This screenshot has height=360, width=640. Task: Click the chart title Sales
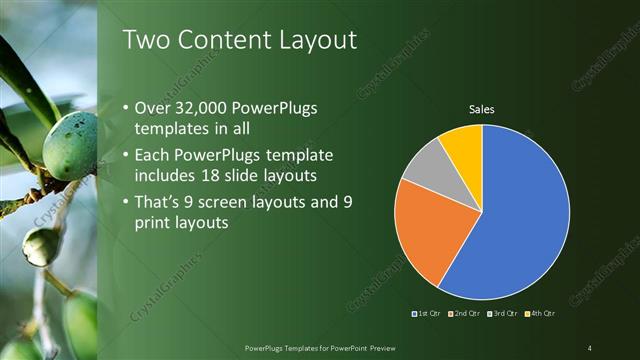(x=482, y=108)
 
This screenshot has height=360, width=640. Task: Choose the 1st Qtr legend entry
(x=428, y=314)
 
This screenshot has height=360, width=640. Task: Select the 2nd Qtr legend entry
(x=464, y=314)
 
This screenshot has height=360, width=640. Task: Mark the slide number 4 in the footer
(x=590, y=347)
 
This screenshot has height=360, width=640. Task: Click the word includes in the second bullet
(x=166, y=176)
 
